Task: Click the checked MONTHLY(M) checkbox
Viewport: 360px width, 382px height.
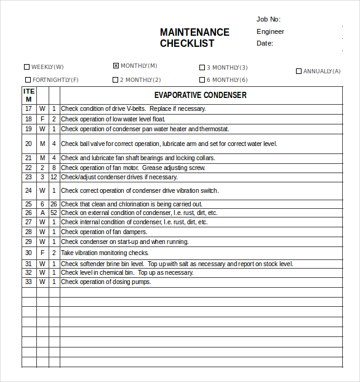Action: coord(116,65)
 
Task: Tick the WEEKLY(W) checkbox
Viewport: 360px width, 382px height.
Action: coord(26,67)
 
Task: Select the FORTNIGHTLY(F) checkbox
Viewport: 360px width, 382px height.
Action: coord(28,79)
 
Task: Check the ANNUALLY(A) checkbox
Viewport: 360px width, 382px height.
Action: coord(298,71)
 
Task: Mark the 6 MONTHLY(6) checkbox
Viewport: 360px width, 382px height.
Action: coord(202,79)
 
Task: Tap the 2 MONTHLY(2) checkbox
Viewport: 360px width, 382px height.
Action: coord(115,79)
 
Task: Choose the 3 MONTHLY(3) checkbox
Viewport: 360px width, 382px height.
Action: coord(202,68)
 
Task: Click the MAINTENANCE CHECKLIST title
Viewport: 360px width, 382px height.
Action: coord(194,38)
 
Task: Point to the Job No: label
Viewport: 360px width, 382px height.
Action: coord(268,19)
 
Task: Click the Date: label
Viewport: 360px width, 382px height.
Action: coord(265,43)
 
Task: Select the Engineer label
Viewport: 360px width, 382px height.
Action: coord(270,31)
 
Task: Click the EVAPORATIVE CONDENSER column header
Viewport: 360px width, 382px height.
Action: coord(201,95)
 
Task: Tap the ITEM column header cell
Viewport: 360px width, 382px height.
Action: coord(28,95)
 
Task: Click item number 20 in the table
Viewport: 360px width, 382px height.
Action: coord(28,144)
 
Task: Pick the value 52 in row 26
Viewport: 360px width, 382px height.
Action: coord(54,213)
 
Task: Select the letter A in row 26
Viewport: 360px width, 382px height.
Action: coord(42,213)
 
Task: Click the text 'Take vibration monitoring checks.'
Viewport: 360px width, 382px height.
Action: coord(105,253)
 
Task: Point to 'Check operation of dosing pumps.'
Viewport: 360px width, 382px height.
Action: coord(106,282)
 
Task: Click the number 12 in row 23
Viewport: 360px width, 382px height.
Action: coord(54,177)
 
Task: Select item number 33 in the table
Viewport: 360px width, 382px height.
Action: coord(28,282)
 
